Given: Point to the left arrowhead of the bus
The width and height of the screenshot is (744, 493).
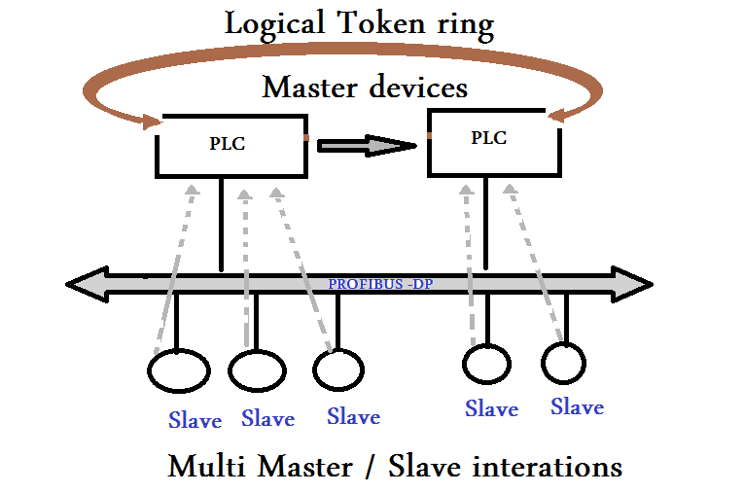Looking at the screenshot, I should [x=83, y=285].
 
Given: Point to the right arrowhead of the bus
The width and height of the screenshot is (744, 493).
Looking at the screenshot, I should [x=637, y=284].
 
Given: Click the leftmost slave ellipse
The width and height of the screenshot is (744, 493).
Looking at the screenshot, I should [x=179, y=370].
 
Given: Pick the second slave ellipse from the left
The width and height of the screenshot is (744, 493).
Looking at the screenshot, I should [x=258, y=370].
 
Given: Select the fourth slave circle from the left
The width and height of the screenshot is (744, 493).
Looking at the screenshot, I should [x=485, y=364].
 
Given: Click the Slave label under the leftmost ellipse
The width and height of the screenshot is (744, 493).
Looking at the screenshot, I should [x=195, y=420].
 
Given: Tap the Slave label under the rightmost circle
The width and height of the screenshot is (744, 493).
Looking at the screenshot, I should [x=577, y=406].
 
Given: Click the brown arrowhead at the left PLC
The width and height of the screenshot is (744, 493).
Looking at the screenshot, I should [x=150, y=123].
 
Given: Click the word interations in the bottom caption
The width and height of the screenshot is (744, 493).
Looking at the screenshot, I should [x=548, y=467].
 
